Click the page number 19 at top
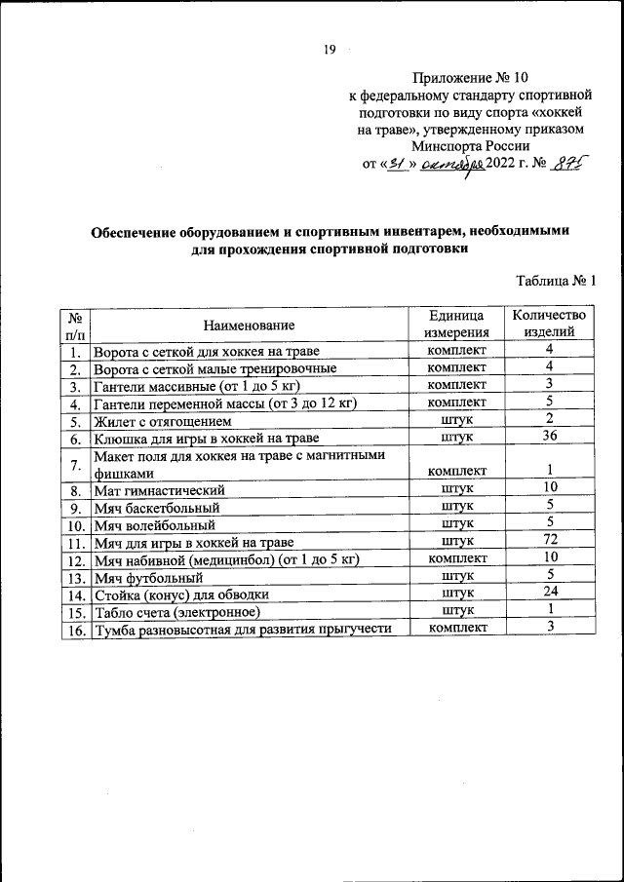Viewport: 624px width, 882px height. point(330,50)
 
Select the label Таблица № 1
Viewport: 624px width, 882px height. point(556,282)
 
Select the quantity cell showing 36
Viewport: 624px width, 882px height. point(550,437)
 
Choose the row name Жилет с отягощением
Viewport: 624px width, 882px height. point(162,422)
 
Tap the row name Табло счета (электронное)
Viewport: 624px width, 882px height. point(176,611)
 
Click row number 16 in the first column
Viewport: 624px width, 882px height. point(74,629)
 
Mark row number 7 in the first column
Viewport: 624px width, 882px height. point(74,464)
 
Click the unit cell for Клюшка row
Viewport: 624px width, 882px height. point(456,438)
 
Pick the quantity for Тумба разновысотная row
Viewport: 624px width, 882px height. point(550,627)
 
